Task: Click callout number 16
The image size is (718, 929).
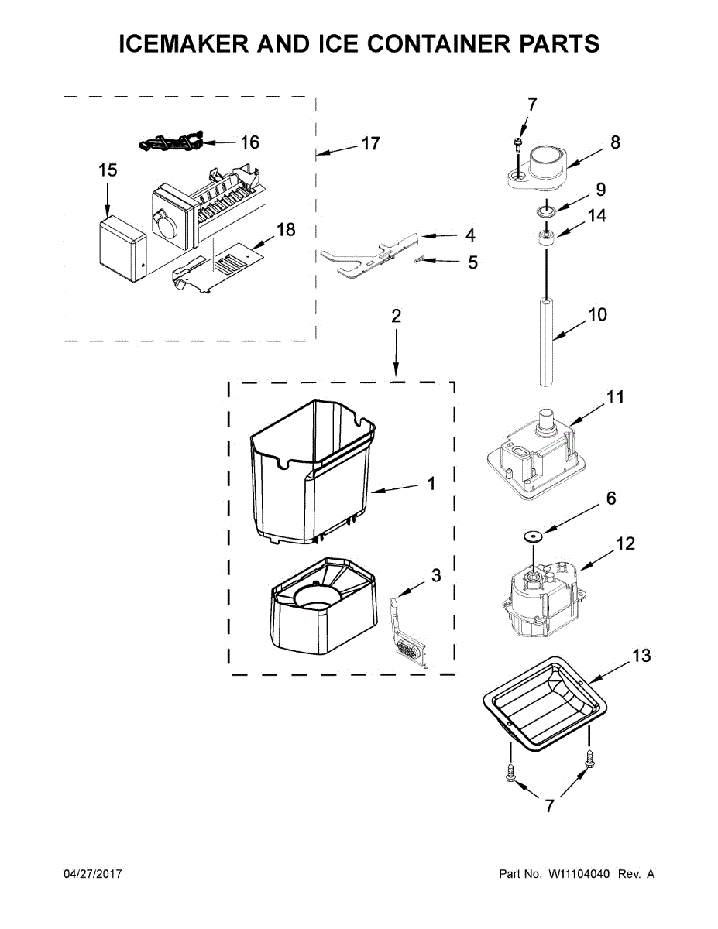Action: point(249,142)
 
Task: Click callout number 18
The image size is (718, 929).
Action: point(286,230)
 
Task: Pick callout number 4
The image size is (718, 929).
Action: point(470,235)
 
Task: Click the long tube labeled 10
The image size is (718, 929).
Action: point(547,341)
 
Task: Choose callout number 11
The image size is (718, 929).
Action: point(616,397)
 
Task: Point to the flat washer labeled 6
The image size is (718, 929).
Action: point(533,535)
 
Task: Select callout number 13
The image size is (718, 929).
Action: point(641,656)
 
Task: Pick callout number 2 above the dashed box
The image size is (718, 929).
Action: point(396,316)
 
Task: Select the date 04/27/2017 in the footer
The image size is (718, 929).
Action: point(92,874)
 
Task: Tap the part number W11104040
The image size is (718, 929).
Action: point(579,874)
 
